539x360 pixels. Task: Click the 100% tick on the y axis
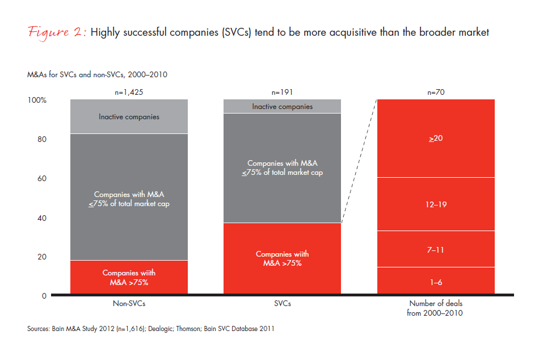pyautogui.click(x=37, y=101)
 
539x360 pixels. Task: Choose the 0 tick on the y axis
pyautogui.click(x=44, y=296)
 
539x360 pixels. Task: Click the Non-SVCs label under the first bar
pyautogui.click(x=129, y=304)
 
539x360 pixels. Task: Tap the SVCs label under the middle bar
pyautogui.click(x=283, y=304)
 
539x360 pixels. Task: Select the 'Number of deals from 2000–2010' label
pyautogui.click(x=436, y=308)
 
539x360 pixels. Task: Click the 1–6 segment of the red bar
pyautogui.click(x=436, y=281)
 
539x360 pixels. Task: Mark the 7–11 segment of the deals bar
pyautogui.click(x=436, y=249)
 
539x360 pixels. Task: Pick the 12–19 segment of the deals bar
pyautogui.click(x=436, y=204)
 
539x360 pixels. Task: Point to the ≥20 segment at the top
pyautogui.click(x=436, y=138)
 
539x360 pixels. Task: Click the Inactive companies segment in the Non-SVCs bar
pyautogui.click(x=129, y=117)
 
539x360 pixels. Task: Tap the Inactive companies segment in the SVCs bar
pyautogui.click(x=283, y=107)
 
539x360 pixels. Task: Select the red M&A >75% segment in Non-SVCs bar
pyautogui.click(x=129, y=278)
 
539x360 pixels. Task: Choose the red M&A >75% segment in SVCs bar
pyautogui.click(x=283, y=259)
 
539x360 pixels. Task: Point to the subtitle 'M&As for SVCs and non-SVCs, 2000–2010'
pyautogui.click(x=96, y=74)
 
